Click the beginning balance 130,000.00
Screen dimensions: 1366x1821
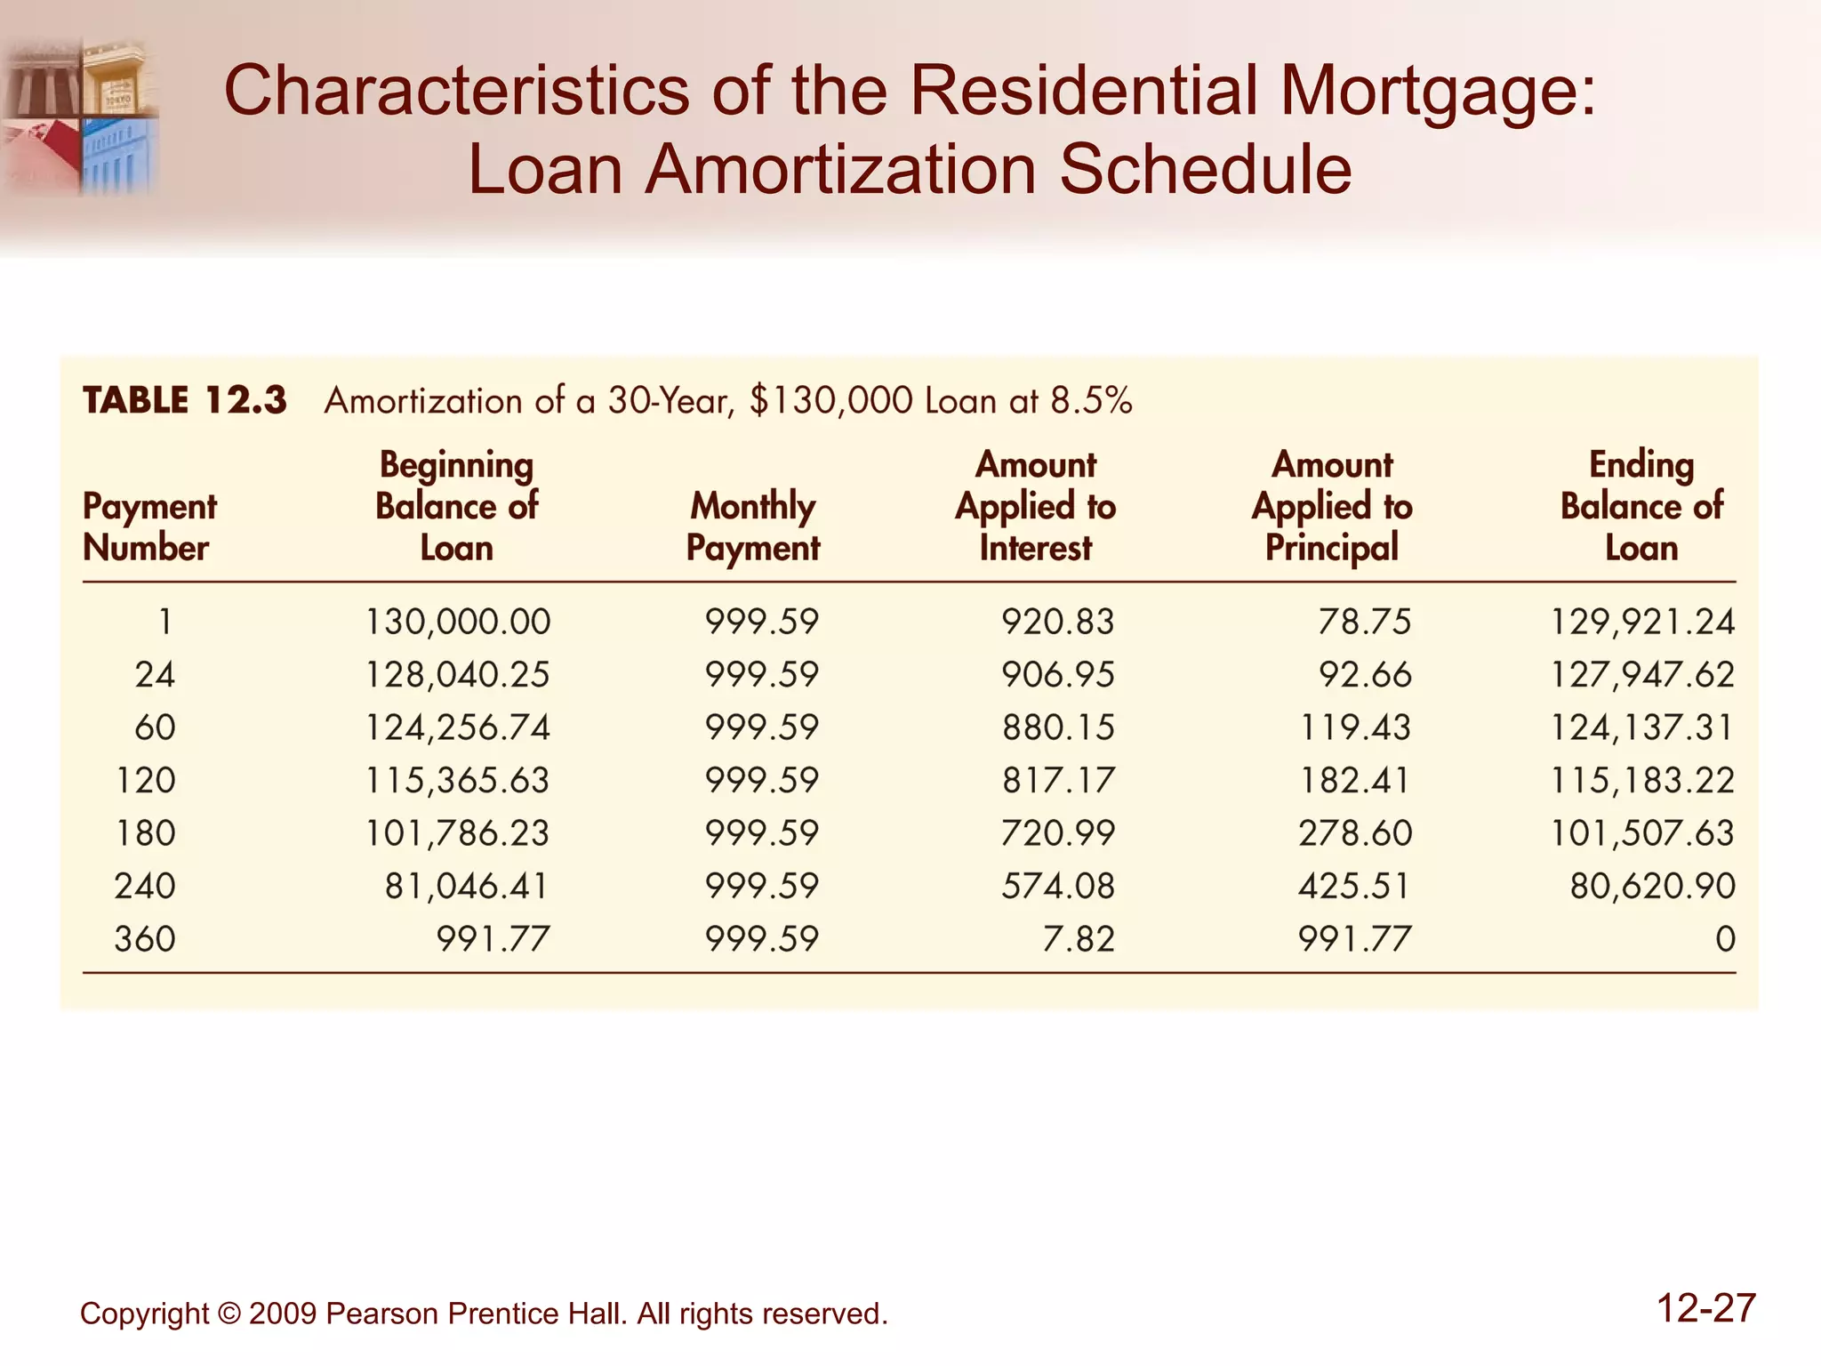(x=458, y=622)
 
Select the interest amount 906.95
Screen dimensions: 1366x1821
(x=1057, y=675)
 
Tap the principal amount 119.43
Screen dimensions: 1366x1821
(x=1354, y=727)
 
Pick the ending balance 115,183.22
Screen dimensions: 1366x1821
(x=1642, y=781)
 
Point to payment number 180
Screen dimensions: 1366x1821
(x=146, y=833)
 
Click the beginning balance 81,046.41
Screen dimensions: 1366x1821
(x=467, y=887)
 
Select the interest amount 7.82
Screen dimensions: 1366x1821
(x=1078, y=939)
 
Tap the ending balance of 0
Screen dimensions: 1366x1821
(x=1725, y=939)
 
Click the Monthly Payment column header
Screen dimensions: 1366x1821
(x=753, y=526)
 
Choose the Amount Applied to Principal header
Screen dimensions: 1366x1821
(x=1332, y=506)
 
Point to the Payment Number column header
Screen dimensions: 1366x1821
(x=148, y=526)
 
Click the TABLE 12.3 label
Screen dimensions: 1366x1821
(x=185, y=401)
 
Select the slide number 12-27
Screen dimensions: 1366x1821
(x=1705, y=1309)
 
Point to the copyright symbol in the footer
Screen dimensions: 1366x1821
(x=229, y=1314)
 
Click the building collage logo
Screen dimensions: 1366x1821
(x=80, y=116)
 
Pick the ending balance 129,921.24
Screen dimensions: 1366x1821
(x=1642, y=622)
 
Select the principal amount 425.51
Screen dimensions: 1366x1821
(x=1354, y=887)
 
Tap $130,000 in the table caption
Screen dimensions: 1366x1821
(x=830, y=401)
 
